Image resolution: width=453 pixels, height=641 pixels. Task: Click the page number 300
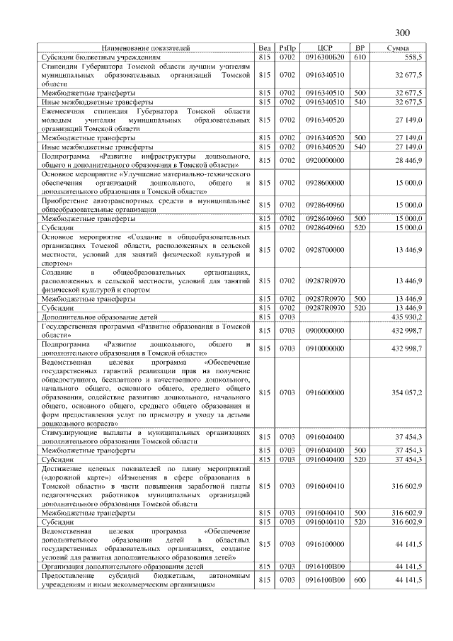[x=401, y=33]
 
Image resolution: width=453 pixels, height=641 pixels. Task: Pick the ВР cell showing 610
[x=360, y=56]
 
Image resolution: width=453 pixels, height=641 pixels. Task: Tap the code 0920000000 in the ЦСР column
[x=325, y=161]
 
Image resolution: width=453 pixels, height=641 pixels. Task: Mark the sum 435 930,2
[x=407, y=317]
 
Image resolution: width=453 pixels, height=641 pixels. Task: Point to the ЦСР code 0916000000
[x=325, y=392]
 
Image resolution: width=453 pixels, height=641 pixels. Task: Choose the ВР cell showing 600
[x=360, y=580]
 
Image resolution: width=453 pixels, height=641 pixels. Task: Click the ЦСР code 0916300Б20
[x=325, y=56]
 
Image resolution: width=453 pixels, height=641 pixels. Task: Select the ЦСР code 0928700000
[x=325, y=249]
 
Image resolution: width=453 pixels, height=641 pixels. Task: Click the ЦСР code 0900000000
[x=325, y=330]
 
